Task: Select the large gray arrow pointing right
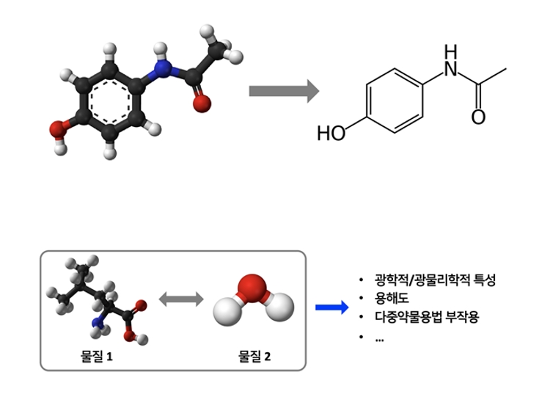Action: click(283, 92)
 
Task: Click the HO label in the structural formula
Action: click(331, 134)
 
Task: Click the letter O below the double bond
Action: click(478, 117)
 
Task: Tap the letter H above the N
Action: click(450, 51)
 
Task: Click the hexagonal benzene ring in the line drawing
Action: click(395, 102)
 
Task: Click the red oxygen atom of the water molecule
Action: click(253, 287)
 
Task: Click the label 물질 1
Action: click(98, 356)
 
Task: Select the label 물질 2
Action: click(254, 356)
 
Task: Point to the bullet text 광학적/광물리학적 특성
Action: click(436, 281)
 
